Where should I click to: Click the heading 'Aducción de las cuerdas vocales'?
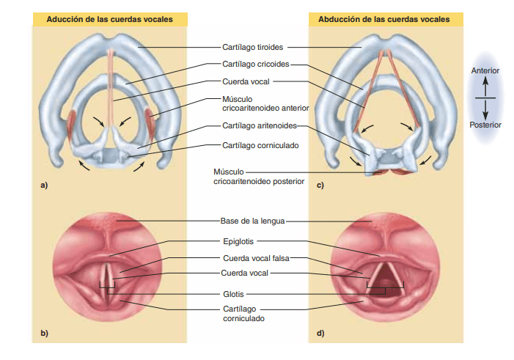tap(110, 19)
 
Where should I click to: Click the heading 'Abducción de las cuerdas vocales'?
tap(384, 19)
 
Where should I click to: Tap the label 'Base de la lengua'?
tap(252, 220)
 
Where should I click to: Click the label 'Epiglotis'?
tap(238, 240)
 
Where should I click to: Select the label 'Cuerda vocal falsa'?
tap(253, 258)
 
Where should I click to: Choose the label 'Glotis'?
tap(233, 294)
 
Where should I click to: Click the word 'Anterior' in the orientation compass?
tap(485, 71)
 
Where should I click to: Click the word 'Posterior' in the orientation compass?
tap(485, 125)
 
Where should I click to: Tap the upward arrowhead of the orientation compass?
tap(485, 81)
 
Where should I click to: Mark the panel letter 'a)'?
tap(44, 185)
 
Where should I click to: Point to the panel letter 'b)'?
tap(44, 334)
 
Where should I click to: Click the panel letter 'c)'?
tap(320, 185)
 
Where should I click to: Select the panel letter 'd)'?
tap(320, 334)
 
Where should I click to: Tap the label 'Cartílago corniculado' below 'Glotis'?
tap(243, 314)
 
